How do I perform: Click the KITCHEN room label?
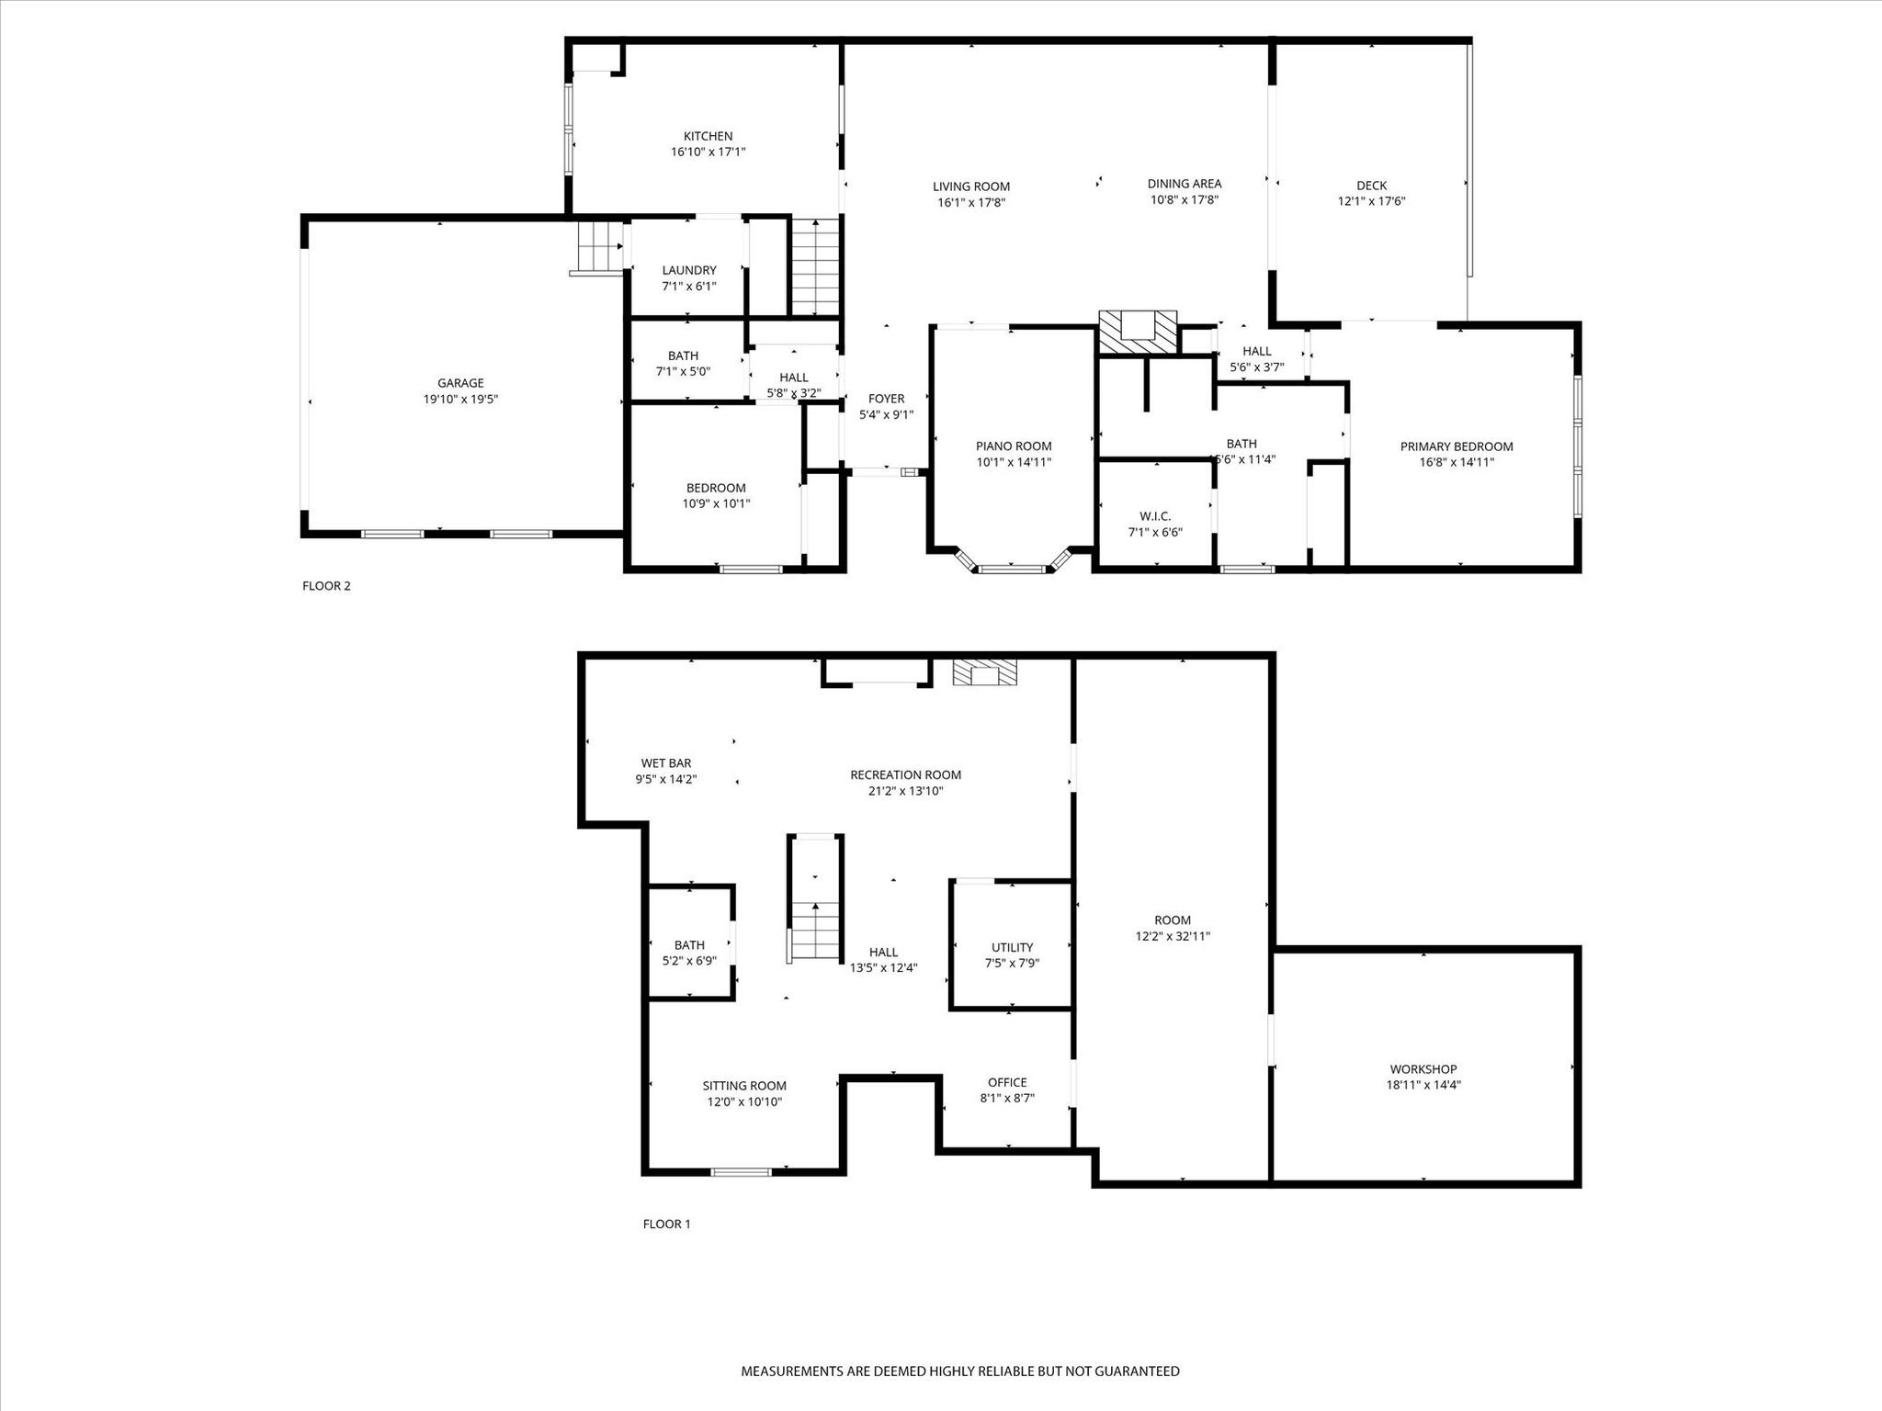[x=708, y=136]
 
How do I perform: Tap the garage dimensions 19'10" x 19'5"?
[x=460, y=400]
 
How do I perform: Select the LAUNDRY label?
[x=689, y=270]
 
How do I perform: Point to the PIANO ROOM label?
[x=1014, y=446]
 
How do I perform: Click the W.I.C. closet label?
[x=1155, y=516]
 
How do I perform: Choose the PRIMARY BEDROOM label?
[x=1457, y=446]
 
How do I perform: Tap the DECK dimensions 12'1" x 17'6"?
[x=1372, y=201]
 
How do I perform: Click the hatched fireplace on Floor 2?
[x=1138, y=331]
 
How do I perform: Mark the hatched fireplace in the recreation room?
[x=985, y=672]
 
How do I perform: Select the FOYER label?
[x=887, y=399]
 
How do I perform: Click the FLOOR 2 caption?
[x=326, y=586]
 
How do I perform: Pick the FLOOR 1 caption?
[x=666, y=1224]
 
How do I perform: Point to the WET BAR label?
[x=666, y=763]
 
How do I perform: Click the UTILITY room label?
[x=1012, y=947]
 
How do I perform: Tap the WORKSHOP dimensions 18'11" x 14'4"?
[x=1423, y=1085]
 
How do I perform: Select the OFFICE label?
[x=1007, y=1082]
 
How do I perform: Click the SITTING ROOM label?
[x=744, y=1086]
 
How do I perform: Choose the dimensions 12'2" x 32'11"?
[x=1173, y=936]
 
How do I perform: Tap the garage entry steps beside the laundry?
[x=599, y=248]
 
